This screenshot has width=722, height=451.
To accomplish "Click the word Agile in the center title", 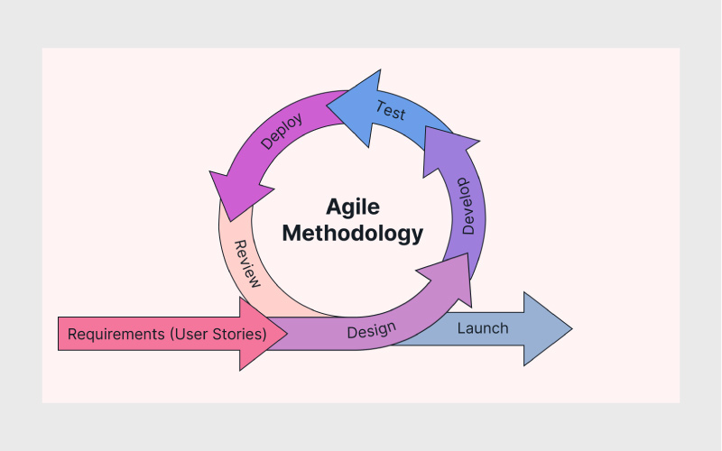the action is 353,207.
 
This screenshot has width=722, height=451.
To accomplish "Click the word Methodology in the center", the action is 353,233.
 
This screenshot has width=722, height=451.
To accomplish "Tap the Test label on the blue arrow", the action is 390,110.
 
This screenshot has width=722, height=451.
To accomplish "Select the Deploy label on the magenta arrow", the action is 282,131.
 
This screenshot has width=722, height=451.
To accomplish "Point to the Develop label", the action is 467,207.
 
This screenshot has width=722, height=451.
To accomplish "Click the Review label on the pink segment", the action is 247,263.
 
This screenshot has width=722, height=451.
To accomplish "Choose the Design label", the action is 372,330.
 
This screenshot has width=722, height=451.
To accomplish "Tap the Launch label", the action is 483,328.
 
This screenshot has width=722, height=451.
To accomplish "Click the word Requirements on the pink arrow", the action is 116,334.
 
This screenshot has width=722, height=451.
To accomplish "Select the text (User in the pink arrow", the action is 190,334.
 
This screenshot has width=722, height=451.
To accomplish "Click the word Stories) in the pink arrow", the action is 239,334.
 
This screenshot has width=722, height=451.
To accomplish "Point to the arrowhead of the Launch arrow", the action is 548,328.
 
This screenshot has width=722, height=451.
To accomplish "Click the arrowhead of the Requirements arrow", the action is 263,334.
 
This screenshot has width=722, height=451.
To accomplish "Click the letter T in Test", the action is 380,106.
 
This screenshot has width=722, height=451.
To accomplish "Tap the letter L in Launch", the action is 461,328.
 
